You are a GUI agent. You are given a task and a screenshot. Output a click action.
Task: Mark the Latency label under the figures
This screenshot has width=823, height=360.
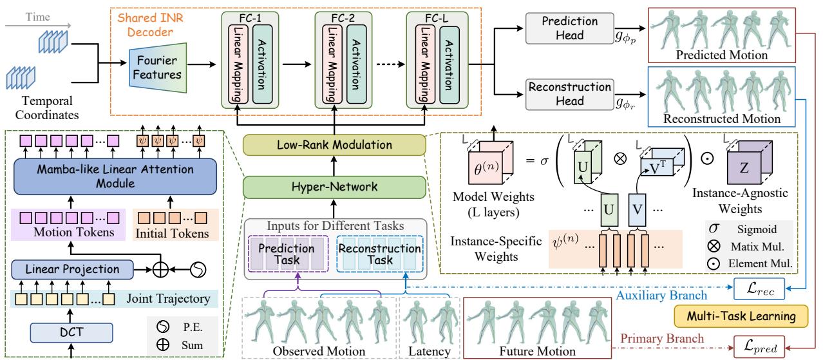coord(428,351)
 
